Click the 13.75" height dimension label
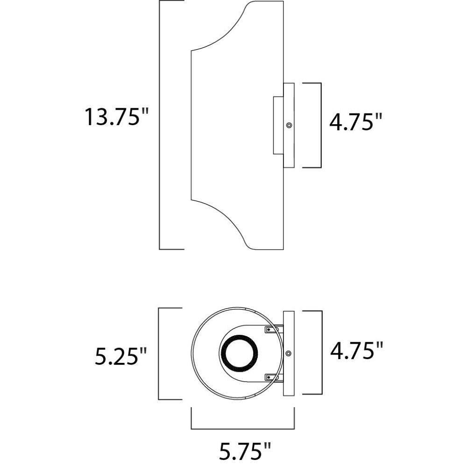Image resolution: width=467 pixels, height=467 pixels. pos(116,117)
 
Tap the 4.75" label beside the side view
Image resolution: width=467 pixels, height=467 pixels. pos(355,121)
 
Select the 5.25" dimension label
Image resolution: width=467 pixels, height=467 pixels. pos(120,356)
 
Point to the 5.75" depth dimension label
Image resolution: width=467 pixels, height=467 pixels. pos(245,451)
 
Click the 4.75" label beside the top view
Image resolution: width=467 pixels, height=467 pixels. pos(356,350)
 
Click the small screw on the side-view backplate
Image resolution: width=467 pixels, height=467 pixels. pos(289,125)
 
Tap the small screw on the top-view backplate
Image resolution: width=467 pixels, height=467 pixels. pos(288,353)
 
